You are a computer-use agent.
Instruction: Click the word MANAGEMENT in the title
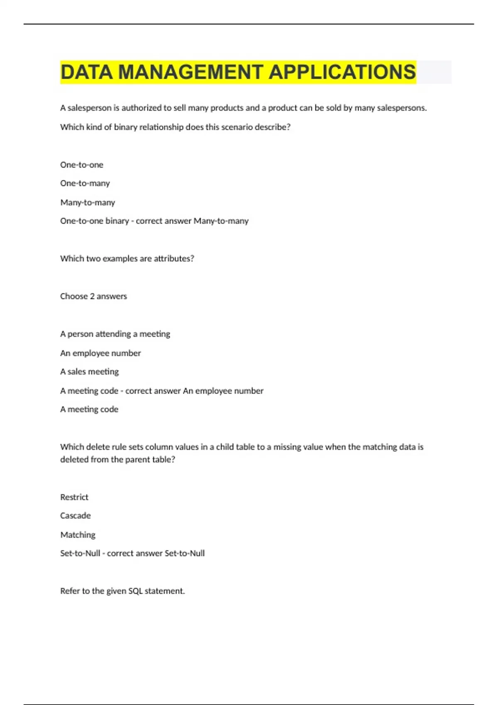[190, 72]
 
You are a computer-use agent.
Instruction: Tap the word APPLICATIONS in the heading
[342, 72]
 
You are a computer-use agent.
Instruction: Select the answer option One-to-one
[82, 165]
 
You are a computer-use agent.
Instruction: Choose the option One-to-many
[85, 183]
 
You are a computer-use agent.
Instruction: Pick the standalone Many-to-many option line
[88, 202]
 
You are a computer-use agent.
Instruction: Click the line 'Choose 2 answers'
[93, 296]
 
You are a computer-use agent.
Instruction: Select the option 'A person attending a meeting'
[115, 334]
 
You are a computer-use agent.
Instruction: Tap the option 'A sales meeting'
[89, 372]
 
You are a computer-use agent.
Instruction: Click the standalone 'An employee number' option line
[100, 353]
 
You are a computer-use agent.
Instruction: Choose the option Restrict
[74, 497]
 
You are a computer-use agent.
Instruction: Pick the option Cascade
[75, 515]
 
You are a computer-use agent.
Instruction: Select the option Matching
[78, 535]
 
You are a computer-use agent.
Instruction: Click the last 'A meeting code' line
[89, 409]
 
